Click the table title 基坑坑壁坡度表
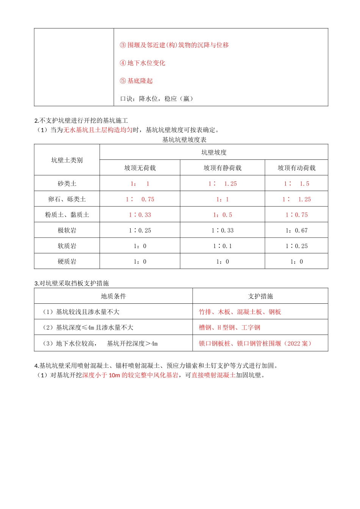[x=184, y=140]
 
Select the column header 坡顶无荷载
[x=140, y=168]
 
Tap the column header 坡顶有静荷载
[x=222, y=168]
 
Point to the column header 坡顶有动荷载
[x=296, y=168]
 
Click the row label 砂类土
[x=67, y=184]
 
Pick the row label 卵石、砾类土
[x=67, y=199]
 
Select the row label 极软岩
[x=67, y=230]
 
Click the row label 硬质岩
[x=67, y=261]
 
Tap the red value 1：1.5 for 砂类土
[x=296, y=184]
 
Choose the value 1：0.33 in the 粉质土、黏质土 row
[x=140, y=215]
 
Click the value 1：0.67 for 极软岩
[x=296, y=230]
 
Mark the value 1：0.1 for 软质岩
[x=222, y=246]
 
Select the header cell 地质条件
[x=113, y=296]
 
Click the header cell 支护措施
[x=260, y=296]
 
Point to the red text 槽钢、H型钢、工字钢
[x=230, y=328]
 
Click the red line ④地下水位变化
[x=142, y=63]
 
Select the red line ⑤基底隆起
[x=136, y=81]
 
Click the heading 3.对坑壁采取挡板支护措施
[x=72, y=283]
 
